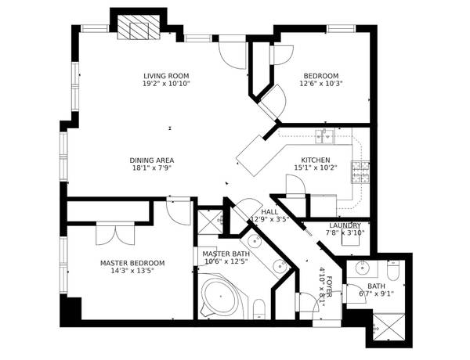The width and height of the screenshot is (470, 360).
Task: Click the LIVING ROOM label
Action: pos(166,75)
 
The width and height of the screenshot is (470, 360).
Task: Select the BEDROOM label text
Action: pos(321,75)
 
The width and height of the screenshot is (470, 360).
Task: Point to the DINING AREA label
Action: pos(151,160)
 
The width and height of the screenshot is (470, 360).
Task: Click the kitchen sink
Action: pos(325,137)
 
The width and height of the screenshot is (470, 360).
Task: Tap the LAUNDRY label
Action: pos(345,225)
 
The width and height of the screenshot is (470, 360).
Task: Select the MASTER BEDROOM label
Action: pos(132,263)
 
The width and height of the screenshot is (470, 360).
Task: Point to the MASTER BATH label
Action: pos(226,254)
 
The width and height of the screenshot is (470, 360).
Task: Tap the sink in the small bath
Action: pos(363,268)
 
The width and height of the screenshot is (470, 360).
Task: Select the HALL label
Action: pos(269,211)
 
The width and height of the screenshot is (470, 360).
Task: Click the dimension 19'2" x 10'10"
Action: pos(166,83)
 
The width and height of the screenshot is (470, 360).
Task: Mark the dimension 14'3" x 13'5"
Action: pos(132,272)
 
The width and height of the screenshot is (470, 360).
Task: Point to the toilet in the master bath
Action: pos(259,308)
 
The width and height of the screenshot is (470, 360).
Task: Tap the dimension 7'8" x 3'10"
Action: pos(345,232)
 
